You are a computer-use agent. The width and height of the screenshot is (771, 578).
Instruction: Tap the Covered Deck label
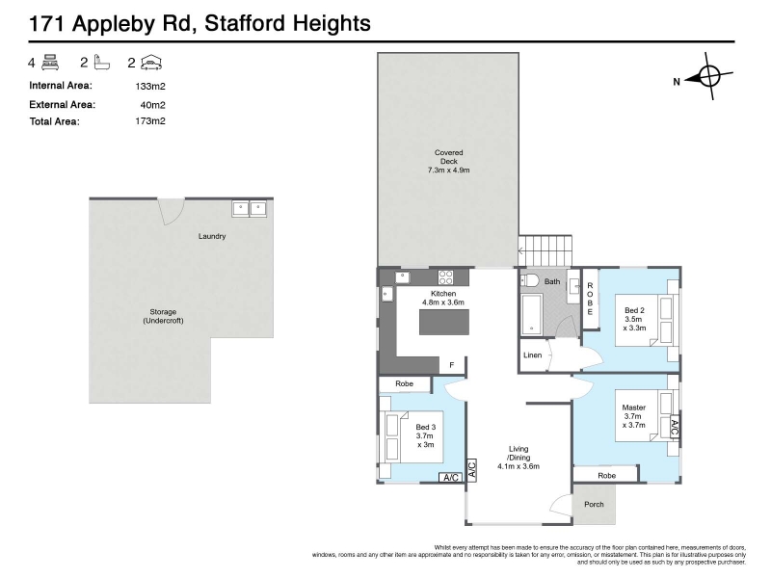click(448, 161)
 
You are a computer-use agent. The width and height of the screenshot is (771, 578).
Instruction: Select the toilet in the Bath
click(530, 280)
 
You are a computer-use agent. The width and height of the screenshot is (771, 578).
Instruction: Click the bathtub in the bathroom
click(532, 314)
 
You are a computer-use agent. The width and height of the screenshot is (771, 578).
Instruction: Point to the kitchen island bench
click(444, 322)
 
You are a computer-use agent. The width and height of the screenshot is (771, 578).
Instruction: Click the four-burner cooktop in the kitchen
click(445, 277)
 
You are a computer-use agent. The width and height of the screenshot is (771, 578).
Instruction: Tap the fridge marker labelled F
click(452, 365)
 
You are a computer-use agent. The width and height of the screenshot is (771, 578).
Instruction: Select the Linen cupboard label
click(533, 355)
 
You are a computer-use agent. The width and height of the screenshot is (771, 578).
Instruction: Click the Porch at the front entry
click(594, 504)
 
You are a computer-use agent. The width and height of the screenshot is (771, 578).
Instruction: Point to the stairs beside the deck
click(545, 251)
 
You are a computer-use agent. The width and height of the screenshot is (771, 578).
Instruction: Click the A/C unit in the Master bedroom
click(675, 428)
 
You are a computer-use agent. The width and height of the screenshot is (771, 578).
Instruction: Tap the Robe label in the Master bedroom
click(607, 476)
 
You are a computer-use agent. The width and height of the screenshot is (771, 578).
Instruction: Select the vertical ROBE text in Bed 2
click(590, 299)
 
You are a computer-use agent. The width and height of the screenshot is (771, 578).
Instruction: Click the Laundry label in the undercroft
click(212, 236)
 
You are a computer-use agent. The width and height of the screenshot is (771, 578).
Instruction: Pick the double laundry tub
click(249, 209)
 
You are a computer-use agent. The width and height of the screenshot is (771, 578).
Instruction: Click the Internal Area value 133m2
click(150, 87)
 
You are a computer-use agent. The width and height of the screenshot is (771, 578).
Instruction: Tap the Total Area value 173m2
click(150, 121)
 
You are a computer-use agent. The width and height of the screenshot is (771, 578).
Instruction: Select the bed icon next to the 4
click(50, 63)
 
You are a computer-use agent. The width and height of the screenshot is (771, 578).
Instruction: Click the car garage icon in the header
click(151, 63)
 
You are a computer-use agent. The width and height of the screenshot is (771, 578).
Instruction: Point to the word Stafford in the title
click(244, 23)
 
